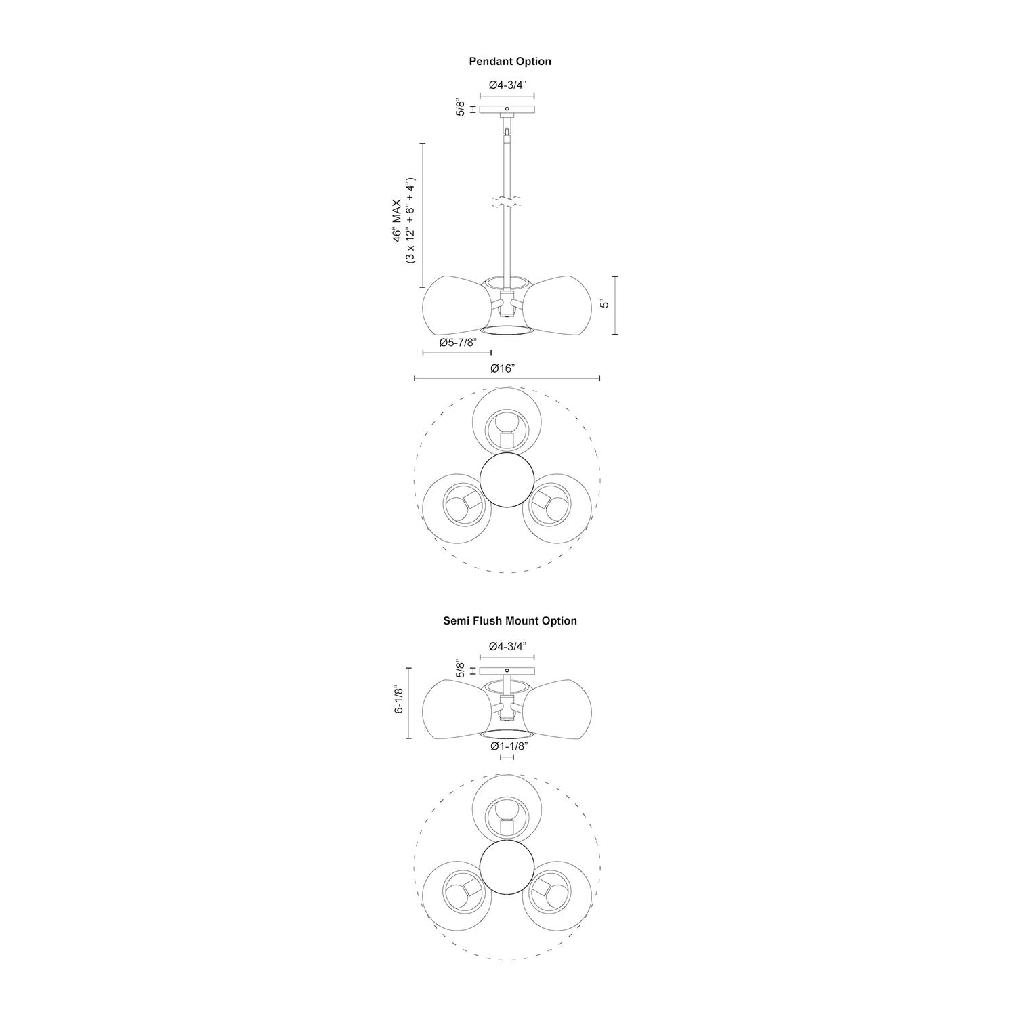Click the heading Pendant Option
click(x=510, y=61)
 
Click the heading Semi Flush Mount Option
click(x=510, y=620)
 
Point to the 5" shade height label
click(x=605, y=304)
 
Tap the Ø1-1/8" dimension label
click(x=509, y=746)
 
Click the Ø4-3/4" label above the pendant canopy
click(x=507, y=85)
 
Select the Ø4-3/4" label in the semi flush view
click(x=507, y=646)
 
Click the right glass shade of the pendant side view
click(x=561, y=304)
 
